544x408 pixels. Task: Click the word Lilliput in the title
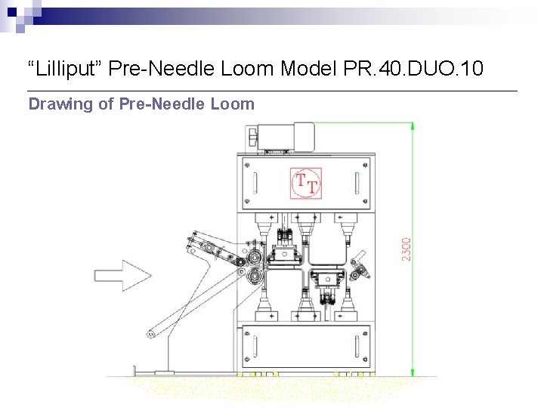65,68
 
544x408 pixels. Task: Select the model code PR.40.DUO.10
413,68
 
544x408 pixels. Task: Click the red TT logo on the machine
306,183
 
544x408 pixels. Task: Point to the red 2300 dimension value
406,249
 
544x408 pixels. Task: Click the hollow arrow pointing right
123,276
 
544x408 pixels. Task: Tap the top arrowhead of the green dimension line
413,127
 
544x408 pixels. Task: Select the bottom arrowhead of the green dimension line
413,372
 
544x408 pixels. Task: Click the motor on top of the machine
286,138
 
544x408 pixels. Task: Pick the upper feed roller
255,258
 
